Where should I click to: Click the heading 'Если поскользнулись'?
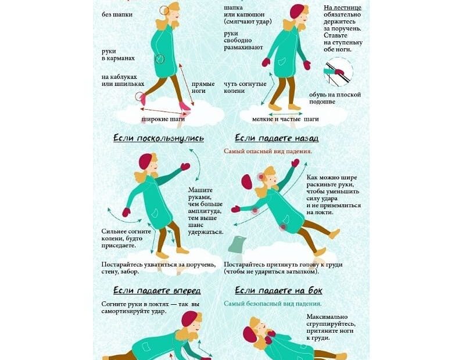[x=159, y=138]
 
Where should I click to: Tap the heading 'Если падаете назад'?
[x=277, y=138]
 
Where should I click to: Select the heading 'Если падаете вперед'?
[x=157, y=291]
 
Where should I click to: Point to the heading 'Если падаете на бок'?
[x=278, y=291]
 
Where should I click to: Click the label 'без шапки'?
[x=117, y=15]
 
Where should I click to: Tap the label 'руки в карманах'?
[x=118, y=55]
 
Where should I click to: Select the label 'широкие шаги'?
[x=163, y=119]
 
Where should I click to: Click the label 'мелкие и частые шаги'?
[x=285, y=119]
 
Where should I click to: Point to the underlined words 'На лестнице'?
[x=342, y=8]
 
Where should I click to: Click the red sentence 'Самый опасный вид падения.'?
[x=267, y=152]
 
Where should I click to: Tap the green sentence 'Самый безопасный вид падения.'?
[x=273, y=304]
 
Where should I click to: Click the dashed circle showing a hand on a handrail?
[x=338, y=72]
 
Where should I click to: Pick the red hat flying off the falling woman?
[x=246, y=182]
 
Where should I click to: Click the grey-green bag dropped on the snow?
[x=237, y=244]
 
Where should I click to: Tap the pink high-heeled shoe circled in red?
[x=142, y=98]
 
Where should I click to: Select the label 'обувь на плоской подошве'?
[x=335, y=98]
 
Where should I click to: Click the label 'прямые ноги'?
[x=203, y=88]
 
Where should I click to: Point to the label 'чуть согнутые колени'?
[x=245, y=88]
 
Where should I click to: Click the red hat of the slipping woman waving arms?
[x=145, y=161]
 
